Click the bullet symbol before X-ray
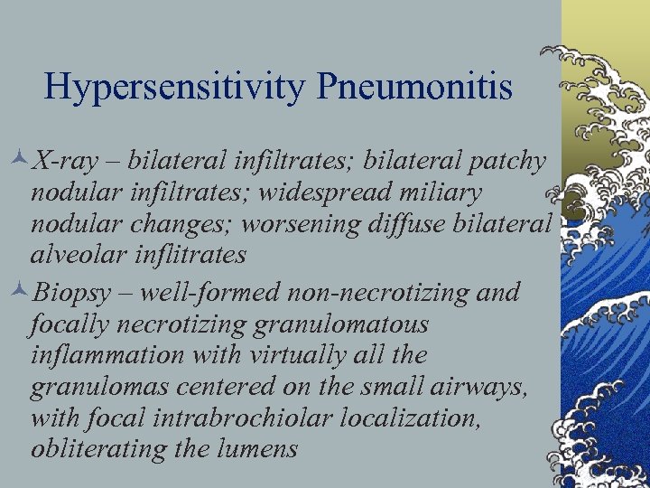coord(21,162)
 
